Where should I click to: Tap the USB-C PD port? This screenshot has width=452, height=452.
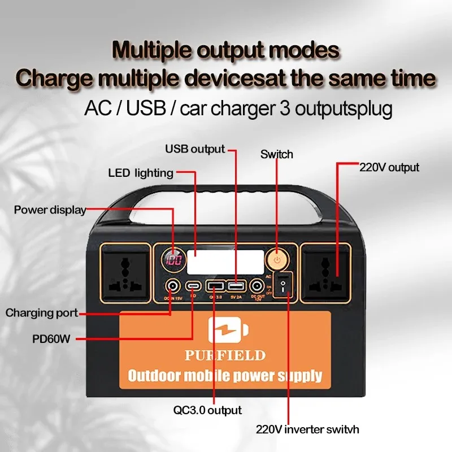(x=193, y=286)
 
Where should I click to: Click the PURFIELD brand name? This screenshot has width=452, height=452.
(x=225, y=355)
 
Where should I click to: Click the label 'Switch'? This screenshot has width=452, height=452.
(x=276, y=154)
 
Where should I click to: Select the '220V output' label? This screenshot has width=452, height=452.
(x=389, y=167)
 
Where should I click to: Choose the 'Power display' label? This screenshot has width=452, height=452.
(x=50, y=210)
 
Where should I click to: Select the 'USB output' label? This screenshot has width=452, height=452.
(x=195, y=149)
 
